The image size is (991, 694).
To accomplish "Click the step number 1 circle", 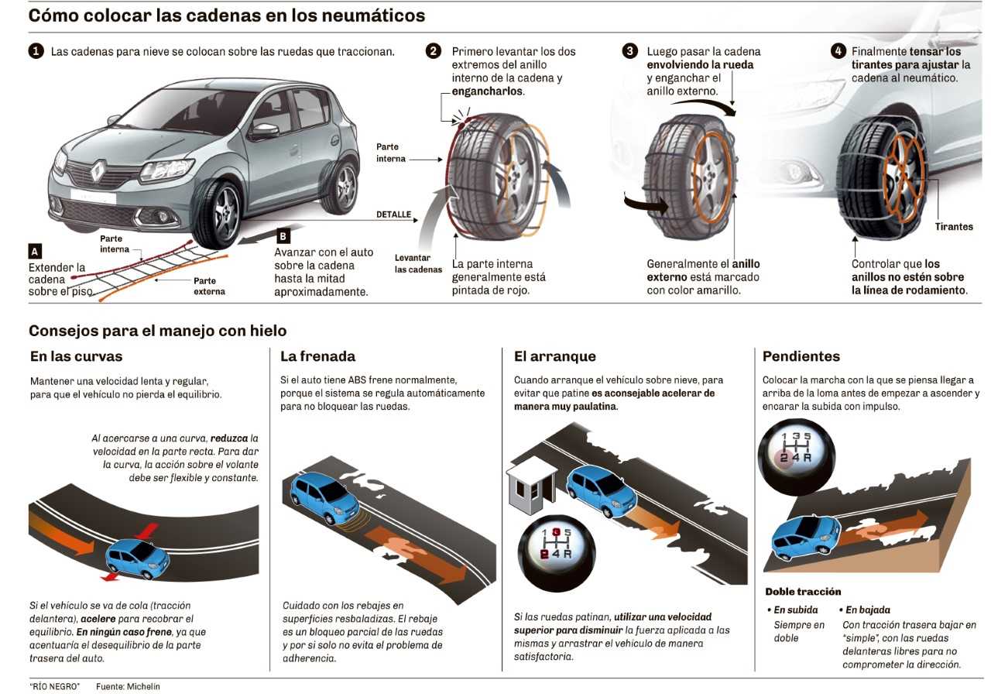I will point(36,52).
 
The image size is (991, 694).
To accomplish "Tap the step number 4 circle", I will point(838,51).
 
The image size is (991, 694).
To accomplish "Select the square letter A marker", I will point(34,251).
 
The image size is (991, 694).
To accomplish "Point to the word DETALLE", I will point(393,215).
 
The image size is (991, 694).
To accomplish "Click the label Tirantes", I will point(953,227).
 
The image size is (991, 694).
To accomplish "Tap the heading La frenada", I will point(317,356).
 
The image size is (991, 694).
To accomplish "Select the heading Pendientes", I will point(801,356).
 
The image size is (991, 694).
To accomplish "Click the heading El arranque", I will point(555,356).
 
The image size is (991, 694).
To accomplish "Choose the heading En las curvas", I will point(76,356).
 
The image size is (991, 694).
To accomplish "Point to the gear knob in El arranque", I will point(556,548).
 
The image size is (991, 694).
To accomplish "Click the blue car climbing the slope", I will point(806,535).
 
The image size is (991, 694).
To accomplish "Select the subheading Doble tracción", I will point(803,592).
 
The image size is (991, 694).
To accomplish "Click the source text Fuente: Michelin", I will point(128,686).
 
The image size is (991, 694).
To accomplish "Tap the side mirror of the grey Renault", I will point(265,131).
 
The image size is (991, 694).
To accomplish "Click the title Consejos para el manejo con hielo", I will point(157,331).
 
